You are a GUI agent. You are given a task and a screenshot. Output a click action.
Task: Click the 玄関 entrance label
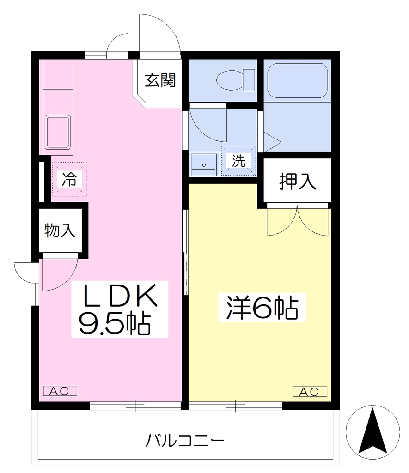[160, 80]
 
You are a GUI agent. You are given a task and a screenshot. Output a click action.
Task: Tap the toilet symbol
[236, 80]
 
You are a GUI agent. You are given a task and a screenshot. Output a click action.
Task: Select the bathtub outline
[297, 80]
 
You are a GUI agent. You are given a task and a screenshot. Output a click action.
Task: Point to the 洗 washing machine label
[238, 160]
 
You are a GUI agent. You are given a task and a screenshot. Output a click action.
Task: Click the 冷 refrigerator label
[69, 179]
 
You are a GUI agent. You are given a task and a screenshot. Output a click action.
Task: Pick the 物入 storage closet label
[60, 230]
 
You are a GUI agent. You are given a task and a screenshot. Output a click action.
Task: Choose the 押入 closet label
[298, 181]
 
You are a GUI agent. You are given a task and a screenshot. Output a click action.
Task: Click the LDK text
[120, 295]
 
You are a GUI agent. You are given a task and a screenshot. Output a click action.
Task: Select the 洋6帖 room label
[262, 307]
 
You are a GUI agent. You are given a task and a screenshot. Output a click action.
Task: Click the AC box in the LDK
[60, 391]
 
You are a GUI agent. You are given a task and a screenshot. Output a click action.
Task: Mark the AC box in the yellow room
[310, 392]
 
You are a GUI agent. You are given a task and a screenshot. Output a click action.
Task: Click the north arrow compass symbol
[373, 432]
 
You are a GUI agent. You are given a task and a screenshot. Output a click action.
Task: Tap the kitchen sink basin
[58, 133]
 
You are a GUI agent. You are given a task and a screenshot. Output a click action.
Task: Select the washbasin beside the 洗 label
[204, 164]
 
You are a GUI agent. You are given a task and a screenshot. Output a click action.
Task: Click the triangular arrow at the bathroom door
[272, 142]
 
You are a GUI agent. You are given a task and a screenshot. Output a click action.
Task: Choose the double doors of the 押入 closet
[297, 220]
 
